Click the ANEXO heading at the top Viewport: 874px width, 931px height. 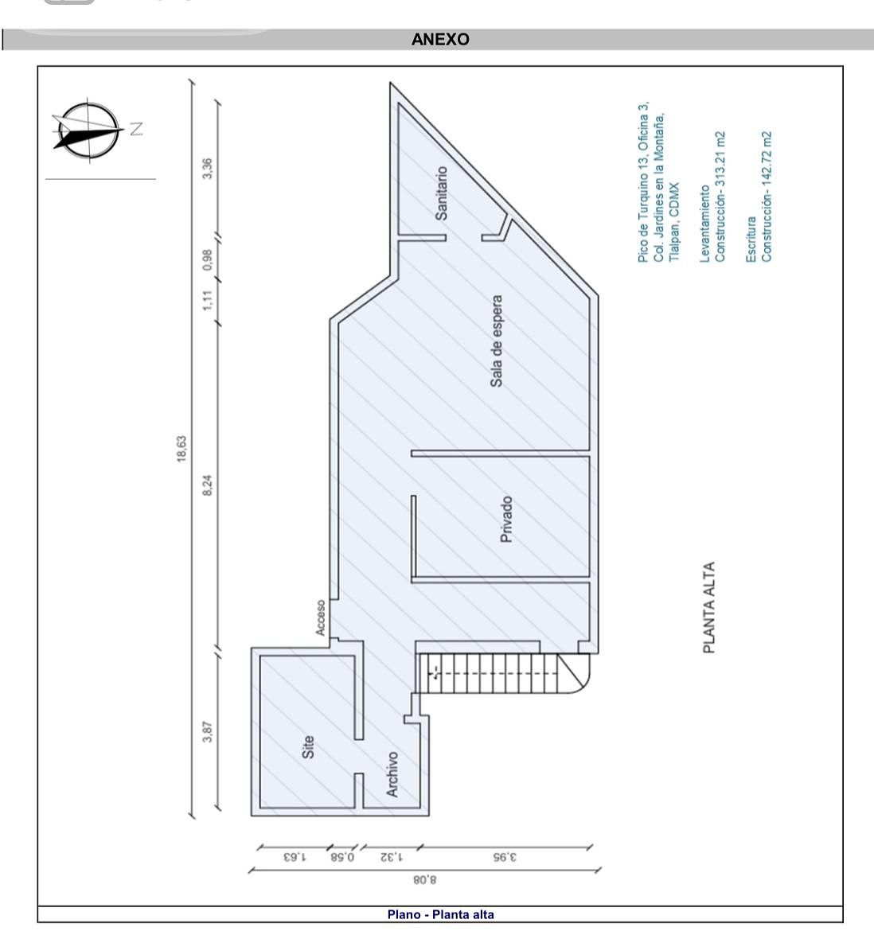(x=440, y=40)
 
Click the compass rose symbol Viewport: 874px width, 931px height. (x=88, y=130)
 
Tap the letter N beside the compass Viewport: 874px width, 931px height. (x=136, y=129)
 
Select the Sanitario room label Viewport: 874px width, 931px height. (x=441, y=193)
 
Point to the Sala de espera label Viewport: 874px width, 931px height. (x=497, y=341)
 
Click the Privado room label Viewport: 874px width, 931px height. (x=506, y=520)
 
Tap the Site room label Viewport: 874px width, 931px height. (x=308, y=747)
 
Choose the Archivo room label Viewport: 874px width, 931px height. (x=392, y=774)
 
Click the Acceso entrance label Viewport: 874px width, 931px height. (x=321, y=618)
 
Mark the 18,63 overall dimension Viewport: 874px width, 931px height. (x=181, y=449)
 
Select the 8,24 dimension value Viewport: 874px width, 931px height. (x=207, y=485)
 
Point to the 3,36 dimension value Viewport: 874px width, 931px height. (x=207, y=169)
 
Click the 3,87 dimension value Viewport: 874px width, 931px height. (x=207, y=731)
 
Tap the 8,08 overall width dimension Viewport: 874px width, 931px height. (x=424, y=879)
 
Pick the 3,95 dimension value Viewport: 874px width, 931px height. (x=505, y=857)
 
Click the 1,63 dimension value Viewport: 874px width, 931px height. (x=295, y=857)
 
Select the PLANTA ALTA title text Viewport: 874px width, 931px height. (x=709, y=607)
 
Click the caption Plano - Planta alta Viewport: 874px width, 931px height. (x=440, y=914)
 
